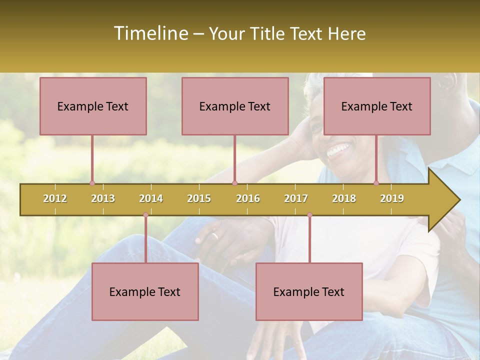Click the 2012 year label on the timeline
pos(55,198)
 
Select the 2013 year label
pos(103,198)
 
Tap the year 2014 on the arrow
pos(151,198)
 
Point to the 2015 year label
pos(199,198)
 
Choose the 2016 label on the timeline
pos(248,198)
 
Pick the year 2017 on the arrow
pos(296,198)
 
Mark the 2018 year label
pos(344,198)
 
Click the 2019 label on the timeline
pos(392,198)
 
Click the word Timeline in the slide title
pos(150,33)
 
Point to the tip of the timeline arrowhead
pos(459,200)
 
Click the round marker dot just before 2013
pos(92,183)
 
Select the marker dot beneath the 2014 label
pos(145,215)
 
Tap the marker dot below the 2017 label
pos(309,215)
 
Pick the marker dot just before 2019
pos(376,183)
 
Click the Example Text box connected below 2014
pos(145,291)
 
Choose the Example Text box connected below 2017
pos(309,291)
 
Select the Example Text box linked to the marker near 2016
pos(235,106)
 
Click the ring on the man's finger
pos(214,236)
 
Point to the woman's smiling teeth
pos(339,149)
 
